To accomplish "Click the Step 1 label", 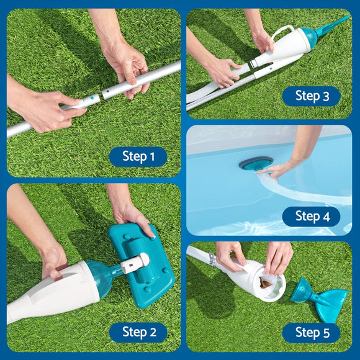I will coord(138,156).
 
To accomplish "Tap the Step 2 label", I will coord(138,333).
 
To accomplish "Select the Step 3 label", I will coord(311,96).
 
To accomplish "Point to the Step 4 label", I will coord(311,216).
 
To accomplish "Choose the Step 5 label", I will coord(311,333).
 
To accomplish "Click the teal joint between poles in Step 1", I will coord(92,98).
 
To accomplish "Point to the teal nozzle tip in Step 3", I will coord(333,25).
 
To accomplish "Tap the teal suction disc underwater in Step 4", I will coord(255,163).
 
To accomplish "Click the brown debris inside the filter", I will coord(265,284).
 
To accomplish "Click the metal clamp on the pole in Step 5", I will coord(213,259).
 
